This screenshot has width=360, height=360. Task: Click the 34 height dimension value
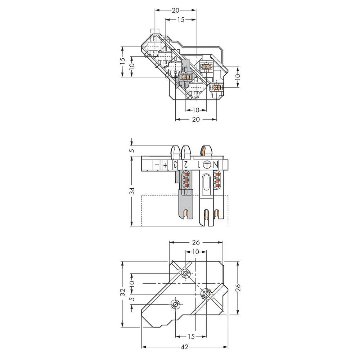point(132,191)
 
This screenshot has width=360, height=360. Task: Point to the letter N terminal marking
point(216,165)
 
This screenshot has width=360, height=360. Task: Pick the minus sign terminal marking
point(157,165)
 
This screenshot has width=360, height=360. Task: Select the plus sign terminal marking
point(165,165)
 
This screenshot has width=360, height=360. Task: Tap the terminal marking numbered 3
point(175,165)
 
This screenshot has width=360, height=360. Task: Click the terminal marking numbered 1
point(197,165)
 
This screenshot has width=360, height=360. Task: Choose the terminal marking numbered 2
point(185,165)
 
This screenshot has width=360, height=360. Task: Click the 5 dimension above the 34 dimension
point(132,150)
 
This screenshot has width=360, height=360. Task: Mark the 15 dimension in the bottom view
point(191,336)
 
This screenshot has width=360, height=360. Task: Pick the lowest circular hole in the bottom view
point(175,305)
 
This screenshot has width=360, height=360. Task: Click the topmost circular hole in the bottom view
point(186,274)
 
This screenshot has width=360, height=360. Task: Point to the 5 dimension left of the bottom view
point(132,298)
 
